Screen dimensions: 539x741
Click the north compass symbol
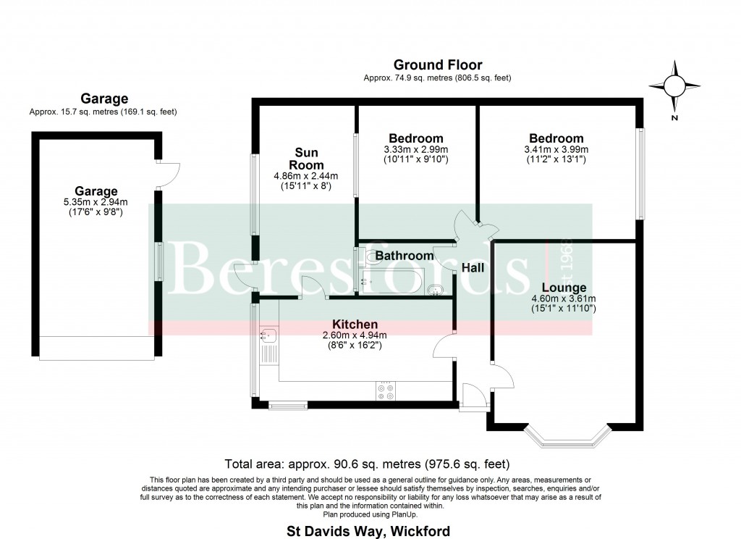pyautogui.click(x=674, y=88)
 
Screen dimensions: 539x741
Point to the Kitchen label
pyautogui.click(x=355, y=324)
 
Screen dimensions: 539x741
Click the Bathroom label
pyautogui.click(x=405, y=256)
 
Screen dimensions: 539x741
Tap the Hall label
pyautogui.click(x=473, y=268)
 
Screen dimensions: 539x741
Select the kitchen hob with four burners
pyautogui.click(x=385, y=391)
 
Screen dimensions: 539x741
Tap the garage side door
pyautogui.click(x=169, y=174)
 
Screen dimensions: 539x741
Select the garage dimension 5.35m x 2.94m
pyautogui.click(x=96, y=203)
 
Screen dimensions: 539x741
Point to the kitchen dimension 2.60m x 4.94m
pyautogui.click(x=355, y=335)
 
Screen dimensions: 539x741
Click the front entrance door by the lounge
pyautogui.click(x=473, y=396)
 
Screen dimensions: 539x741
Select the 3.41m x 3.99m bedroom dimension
pyautogui.click(x=555, y=149)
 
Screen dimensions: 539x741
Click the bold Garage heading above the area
pyautogui.click(x=104, y=99)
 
